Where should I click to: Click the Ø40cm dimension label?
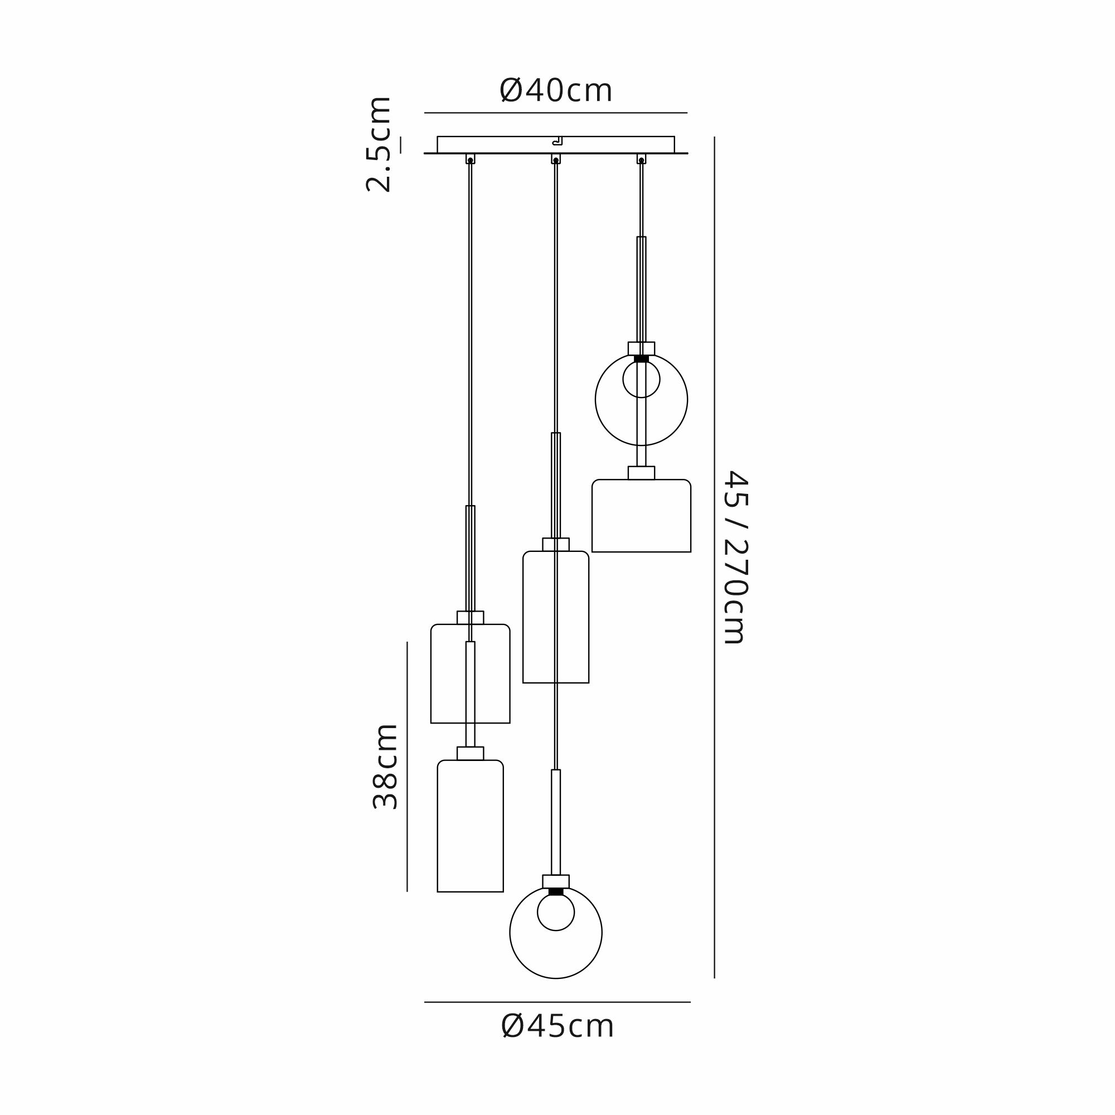pyautogui.click(x=556, y=91)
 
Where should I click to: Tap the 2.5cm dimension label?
pyautogui.click(x=379, y=144)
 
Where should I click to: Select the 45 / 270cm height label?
pyautogui.click(x=735, y=556)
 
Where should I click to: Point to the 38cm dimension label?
pyautogui.click(x=385, y=767)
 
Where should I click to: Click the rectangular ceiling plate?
pyautogui.click(x=556, y=145)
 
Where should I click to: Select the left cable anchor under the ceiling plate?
pyautogui.click(x=471, y=159)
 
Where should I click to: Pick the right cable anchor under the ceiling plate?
pyautogui.click(x=641, y=159)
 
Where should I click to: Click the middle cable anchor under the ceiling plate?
pyautogui.click(x=556, y=159)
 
